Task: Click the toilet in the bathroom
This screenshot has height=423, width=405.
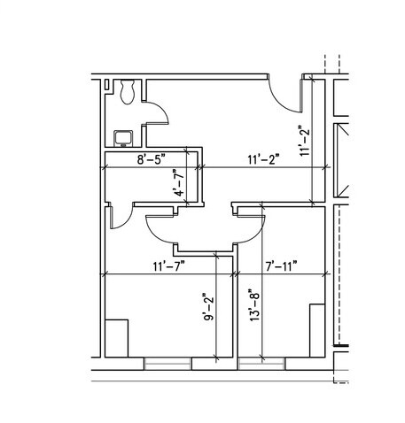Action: point(128,91)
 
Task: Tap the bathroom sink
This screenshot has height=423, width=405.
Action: point(123,139)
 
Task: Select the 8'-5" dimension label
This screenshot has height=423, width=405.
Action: point(151,159)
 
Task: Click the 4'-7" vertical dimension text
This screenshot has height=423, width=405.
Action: point(179,183)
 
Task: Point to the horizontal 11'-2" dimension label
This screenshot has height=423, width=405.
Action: point(263,159)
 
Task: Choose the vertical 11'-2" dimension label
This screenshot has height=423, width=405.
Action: point(304,141)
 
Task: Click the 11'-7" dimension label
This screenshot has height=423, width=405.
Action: point(168,266)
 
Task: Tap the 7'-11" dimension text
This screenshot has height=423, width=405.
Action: point(281,266)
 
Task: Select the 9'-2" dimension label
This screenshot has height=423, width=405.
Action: point(208,307)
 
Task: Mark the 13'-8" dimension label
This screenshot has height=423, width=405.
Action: point(254,305)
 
